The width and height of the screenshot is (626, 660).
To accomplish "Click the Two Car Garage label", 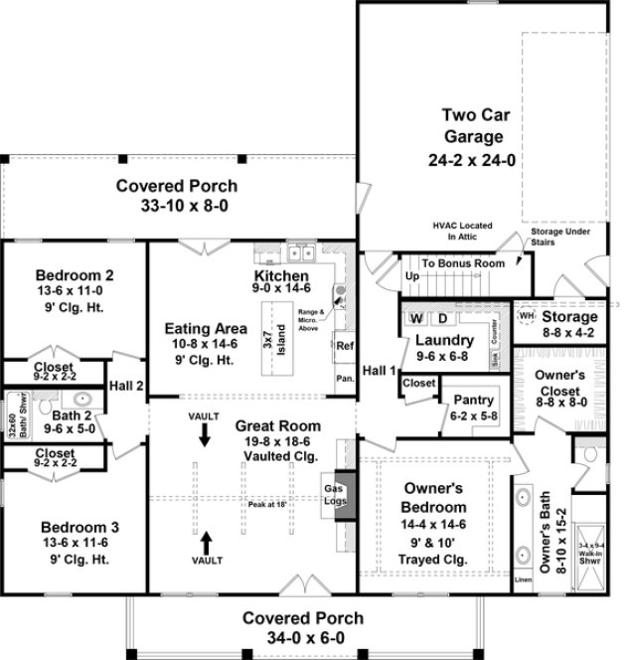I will pyautogui.click(x=472, y=126).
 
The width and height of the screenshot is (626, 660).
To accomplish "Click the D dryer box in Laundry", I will pyautogui.click(x=443, y=318).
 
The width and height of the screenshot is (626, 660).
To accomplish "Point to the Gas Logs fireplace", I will pyautogui.click(x=334, y=494).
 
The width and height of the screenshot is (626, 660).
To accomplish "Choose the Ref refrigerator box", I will pyautogui.click(x=344, y=346).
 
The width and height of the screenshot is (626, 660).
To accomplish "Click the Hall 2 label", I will pyautogui.click(x=126, y=386).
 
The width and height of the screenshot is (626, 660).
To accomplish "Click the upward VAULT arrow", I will pyautogui.click(x=206, y=543).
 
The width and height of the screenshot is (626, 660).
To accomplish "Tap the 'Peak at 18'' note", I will pyautogui.click(x=269, y=504).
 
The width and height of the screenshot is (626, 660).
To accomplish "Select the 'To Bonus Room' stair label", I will pyautogui.click(x=462, y=263).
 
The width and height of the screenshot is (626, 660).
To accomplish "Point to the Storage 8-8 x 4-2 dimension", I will pyautogui.click(x=568, y=333).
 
